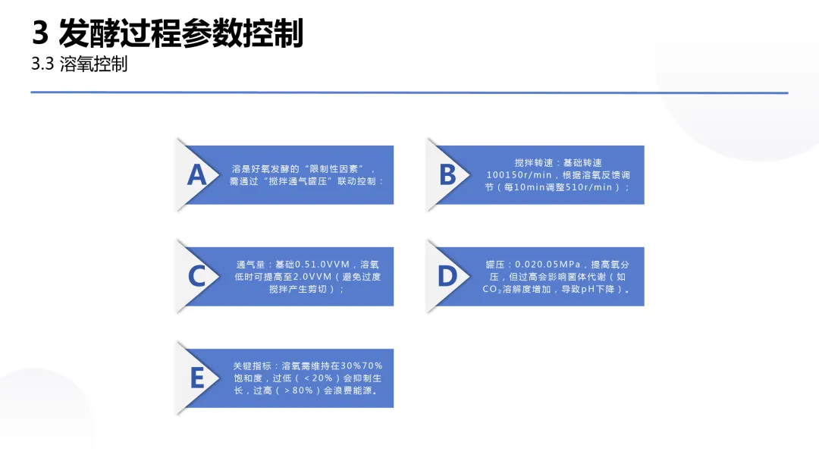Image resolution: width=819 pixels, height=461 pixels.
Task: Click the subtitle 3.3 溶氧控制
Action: click(79, 64)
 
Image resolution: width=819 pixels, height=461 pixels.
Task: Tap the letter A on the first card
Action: click(196, 175)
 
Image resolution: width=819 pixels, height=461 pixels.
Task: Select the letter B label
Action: click(447, 175)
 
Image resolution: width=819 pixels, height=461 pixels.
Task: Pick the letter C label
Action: click(196, 277)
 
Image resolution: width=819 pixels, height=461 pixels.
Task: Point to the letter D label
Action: click(447, 277)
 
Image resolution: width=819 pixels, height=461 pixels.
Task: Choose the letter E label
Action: click(196, 378)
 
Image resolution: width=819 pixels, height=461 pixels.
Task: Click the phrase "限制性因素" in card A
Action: click(337, 169)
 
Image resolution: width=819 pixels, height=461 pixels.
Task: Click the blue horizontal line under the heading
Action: click(409, 93)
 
